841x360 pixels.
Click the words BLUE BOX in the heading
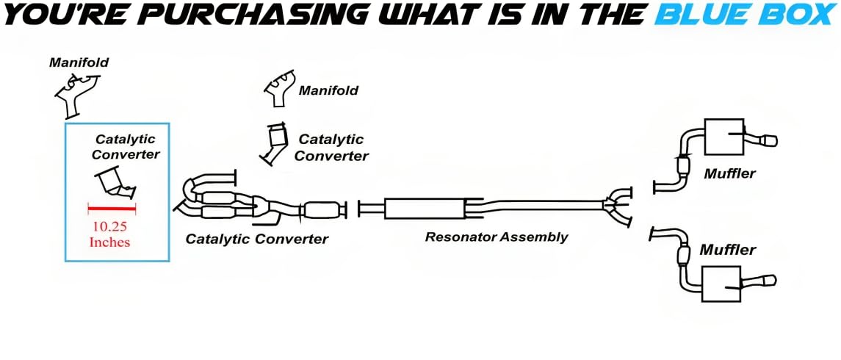click(x=745, y=14)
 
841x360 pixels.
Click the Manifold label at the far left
click(x=79, y=62)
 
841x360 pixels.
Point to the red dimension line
click(x=112, y=208)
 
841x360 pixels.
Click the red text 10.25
click(x=111, y=226)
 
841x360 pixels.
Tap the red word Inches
click(x=109, y=242)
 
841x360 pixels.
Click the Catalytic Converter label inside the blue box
click(x=126, y=146)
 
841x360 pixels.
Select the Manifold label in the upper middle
click(x=328, y=91)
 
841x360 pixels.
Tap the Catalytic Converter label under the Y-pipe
click(x=256, y=239)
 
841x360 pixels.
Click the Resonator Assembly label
click(x=497, y=237)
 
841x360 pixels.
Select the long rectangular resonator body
click(x=424, y=208)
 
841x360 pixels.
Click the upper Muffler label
click(x=729, y=174)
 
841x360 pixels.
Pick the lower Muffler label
click(x=727, y=250)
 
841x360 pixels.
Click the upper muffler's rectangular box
click(x=724, y=137)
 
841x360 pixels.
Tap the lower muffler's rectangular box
click(x=721, y=282)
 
